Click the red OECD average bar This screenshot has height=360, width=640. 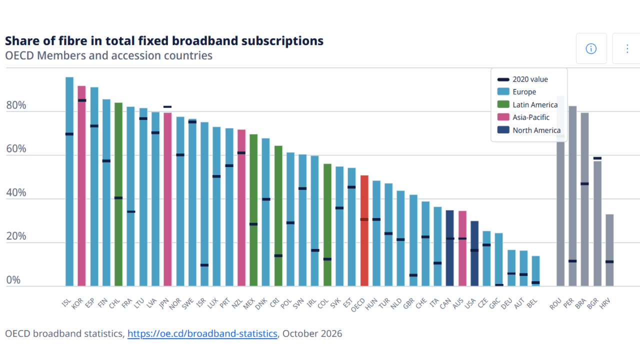pos(364,230)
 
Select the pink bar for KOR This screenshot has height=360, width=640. pos(81,186)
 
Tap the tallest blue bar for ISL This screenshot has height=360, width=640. pos(69,181)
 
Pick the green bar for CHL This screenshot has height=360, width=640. pos(118,194)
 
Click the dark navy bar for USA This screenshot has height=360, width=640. pos(474,253)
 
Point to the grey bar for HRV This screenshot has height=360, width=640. pos(609,250)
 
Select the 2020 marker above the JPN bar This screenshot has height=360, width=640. pos(167,107)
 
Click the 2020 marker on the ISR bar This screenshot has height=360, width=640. pos(204,265)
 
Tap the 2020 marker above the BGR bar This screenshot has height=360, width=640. pos(597,158)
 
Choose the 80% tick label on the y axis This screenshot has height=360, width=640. pos(16,105)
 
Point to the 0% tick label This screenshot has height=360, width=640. pos(13,280)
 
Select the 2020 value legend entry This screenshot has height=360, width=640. pos(522,79)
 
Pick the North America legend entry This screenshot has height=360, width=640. pos(529,130)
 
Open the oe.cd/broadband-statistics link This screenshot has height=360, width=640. pos(202,333)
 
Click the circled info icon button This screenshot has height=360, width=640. pos(591,48)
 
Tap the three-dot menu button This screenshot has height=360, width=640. pos(627,48)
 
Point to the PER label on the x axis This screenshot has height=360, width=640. pos(568,303)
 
